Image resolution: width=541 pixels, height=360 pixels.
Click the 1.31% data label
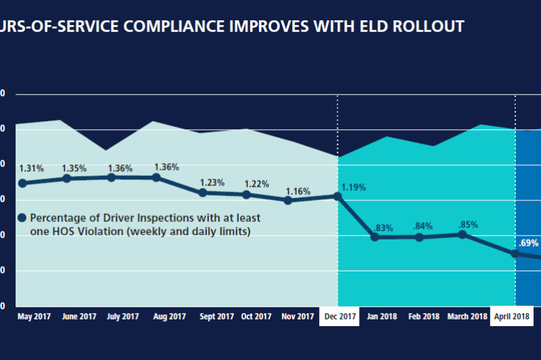point(32,168)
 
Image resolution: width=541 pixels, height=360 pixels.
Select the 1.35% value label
point(75,168)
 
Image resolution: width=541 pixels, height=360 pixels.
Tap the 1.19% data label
point(354,187)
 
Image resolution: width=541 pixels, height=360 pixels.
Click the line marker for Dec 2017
point(337,196)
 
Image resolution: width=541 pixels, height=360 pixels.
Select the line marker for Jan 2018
point(375,237)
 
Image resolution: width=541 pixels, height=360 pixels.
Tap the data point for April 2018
point(515,254)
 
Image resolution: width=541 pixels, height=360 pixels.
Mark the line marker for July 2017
point(111,177)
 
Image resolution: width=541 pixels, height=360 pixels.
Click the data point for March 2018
point(462,234)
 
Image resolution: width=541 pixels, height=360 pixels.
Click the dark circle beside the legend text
point(22,218)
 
